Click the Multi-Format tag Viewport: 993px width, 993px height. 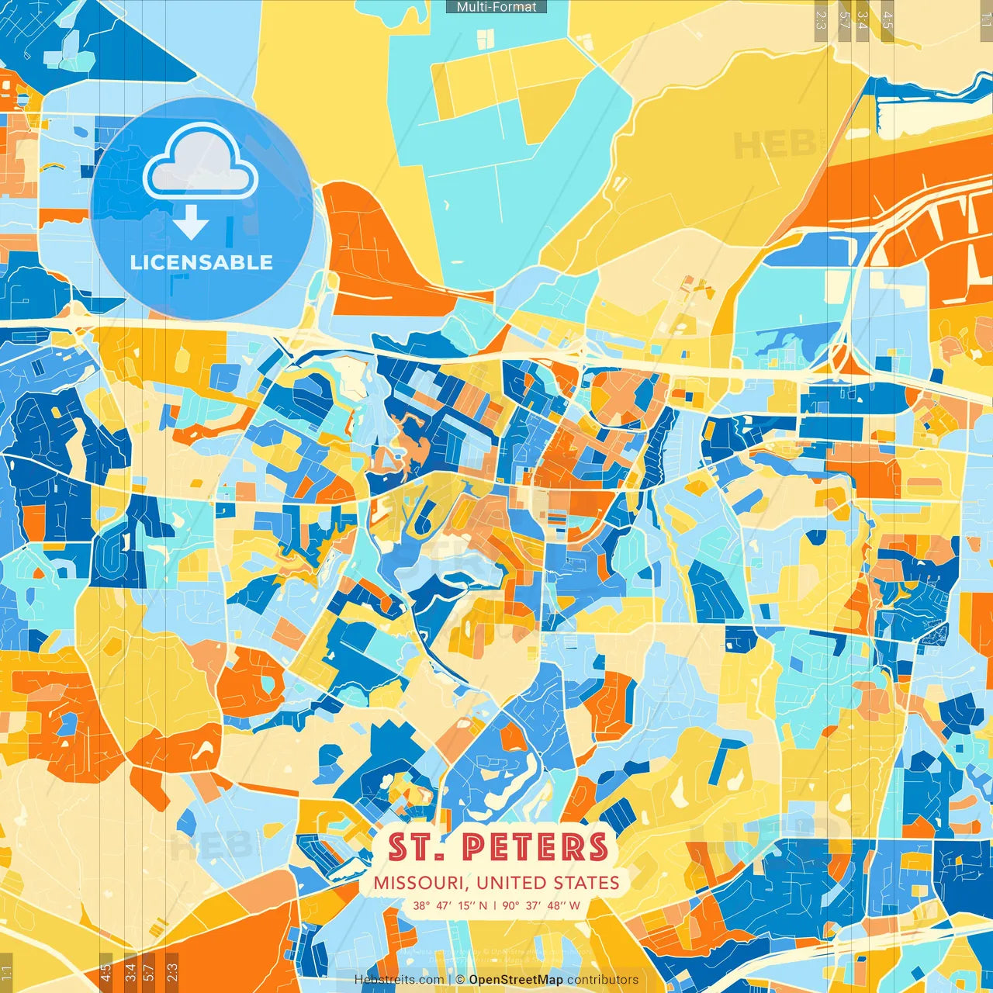coord(496,7)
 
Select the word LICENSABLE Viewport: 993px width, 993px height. coord(202,262)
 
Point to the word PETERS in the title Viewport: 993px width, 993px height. coord(535,847)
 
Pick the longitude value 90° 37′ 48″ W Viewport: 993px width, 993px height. coord(541,905)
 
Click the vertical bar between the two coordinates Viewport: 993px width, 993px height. coord(495,905)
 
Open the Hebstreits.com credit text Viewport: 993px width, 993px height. coord(400,980)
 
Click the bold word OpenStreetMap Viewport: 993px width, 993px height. coord(515,980)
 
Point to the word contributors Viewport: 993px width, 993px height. coord(603,980)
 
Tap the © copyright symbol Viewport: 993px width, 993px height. coord(460,980)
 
